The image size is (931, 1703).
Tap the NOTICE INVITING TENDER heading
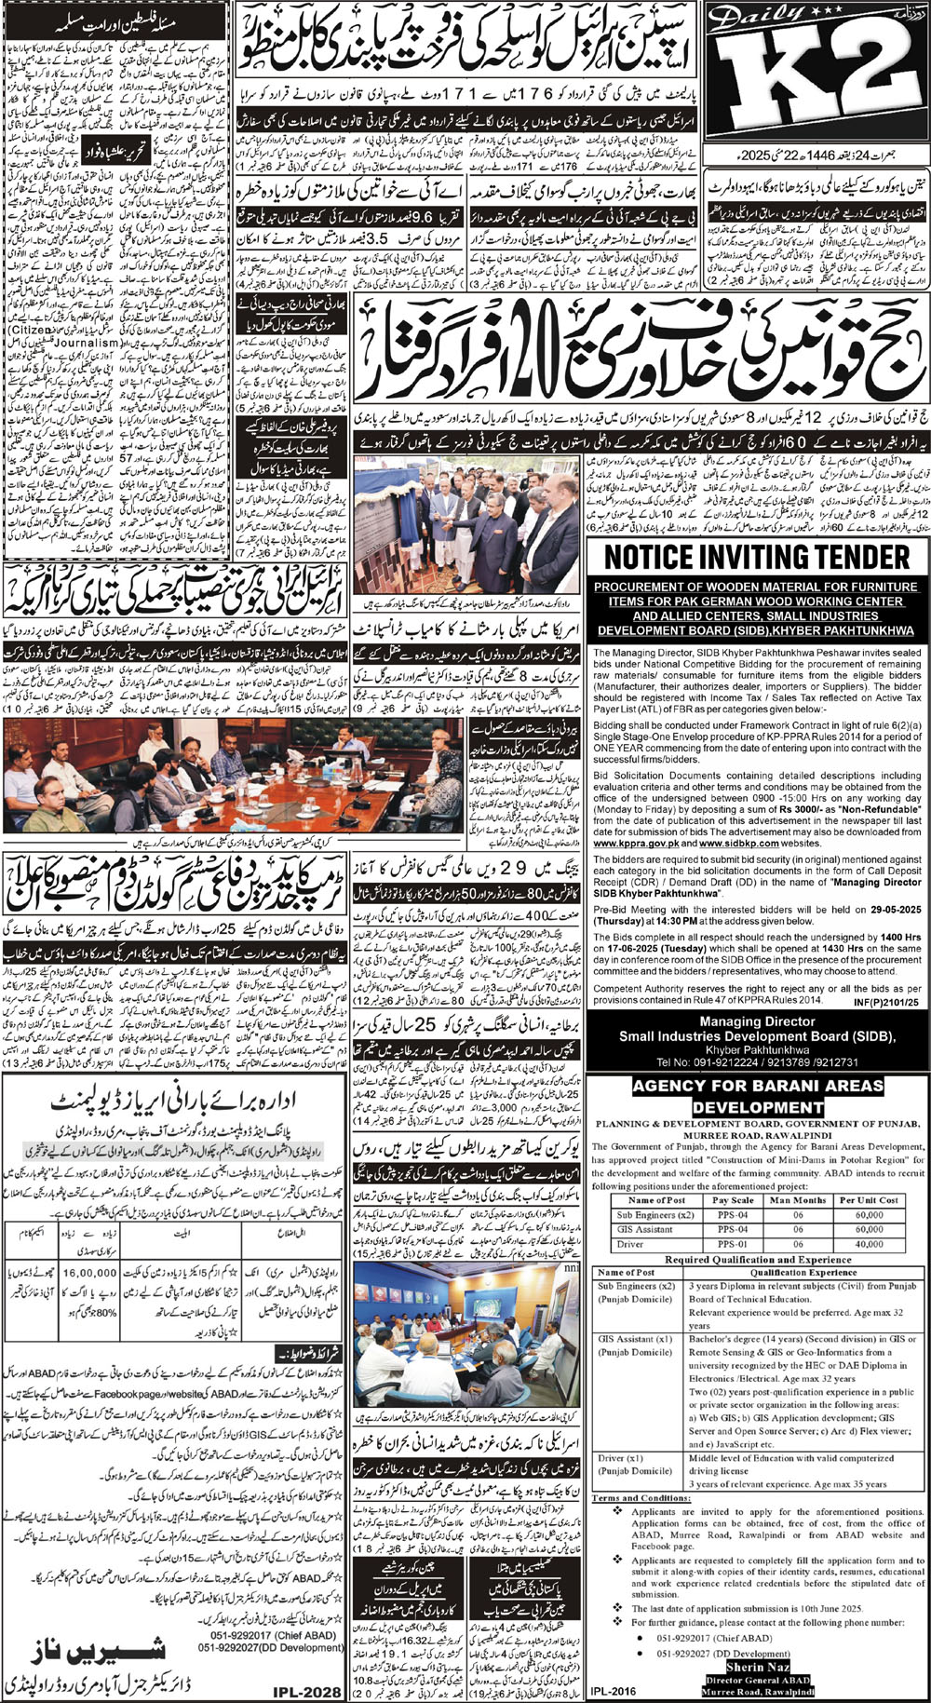click(x=758, y=558)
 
